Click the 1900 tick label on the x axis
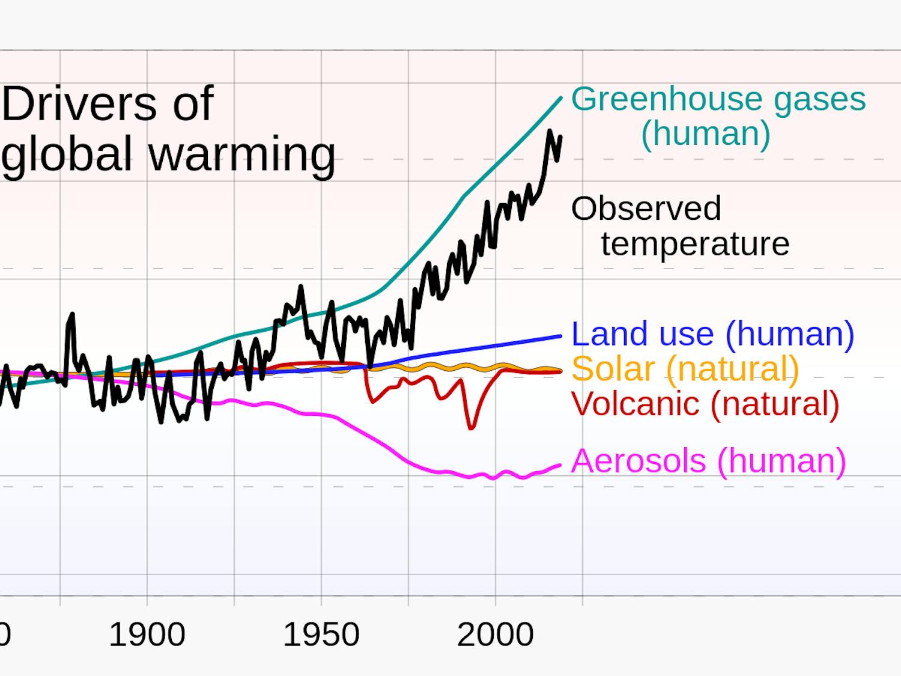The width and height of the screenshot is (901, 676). pyautogui.click(x=147, y=635)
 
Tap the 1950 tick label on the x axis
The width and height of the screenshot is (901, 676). pyautogui.click(x=321, y=635)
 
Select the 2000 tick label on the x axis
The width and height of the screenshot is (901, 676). pyautogui.click(x=495, y=635)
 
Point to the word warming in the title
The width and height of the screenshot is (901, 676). pyautogui.click(x=241, y=155)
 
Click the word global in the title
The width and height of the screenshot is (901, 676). pyautogui.click(x=67, y=154)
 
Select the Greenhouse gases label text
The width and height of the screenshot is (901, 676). pyautogui.click(x=718, y=99)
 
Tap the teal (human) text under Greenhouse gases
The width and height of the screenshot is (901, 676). pyautogui.click(x=705, y=133)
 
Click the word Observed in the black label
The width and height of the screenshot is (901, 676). pyautogui.click(x=646, y=209)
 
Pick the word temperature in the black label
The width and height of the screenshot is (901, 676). pyautogui.click(x=695, y=244)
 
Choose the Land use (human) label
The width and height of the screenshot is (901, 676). pyautogui.click(x=712, y=333)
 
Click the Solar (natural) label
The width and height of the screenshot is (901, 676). pyautogui.click(x=685, y=368)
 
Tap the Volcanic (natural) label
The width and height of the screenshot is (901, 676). pyautogui.click(x=705, y=403)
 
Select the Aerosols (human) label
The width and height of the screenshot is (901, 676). pyautogui.click(x=708, y=461)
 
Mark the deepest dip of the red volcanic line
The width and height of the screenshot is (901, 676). pyautogui.click(x=472, y=427)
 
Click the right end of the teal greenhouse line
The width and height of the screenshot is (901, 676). pyautogui.click(x=560, y=98)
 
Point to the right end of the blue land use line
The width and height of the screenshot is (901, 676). pyautogui.click(x=560, y=336)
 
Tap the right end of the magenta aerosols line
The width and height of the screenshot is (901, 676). pyautogui.click(x=560, y=464)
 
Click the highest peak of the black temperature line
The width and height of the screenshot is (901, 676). pyautogui.click(x=550, y=131)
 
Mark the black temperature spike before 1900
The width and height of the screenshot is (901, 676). pyautogui.click(x=72, y=314)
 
